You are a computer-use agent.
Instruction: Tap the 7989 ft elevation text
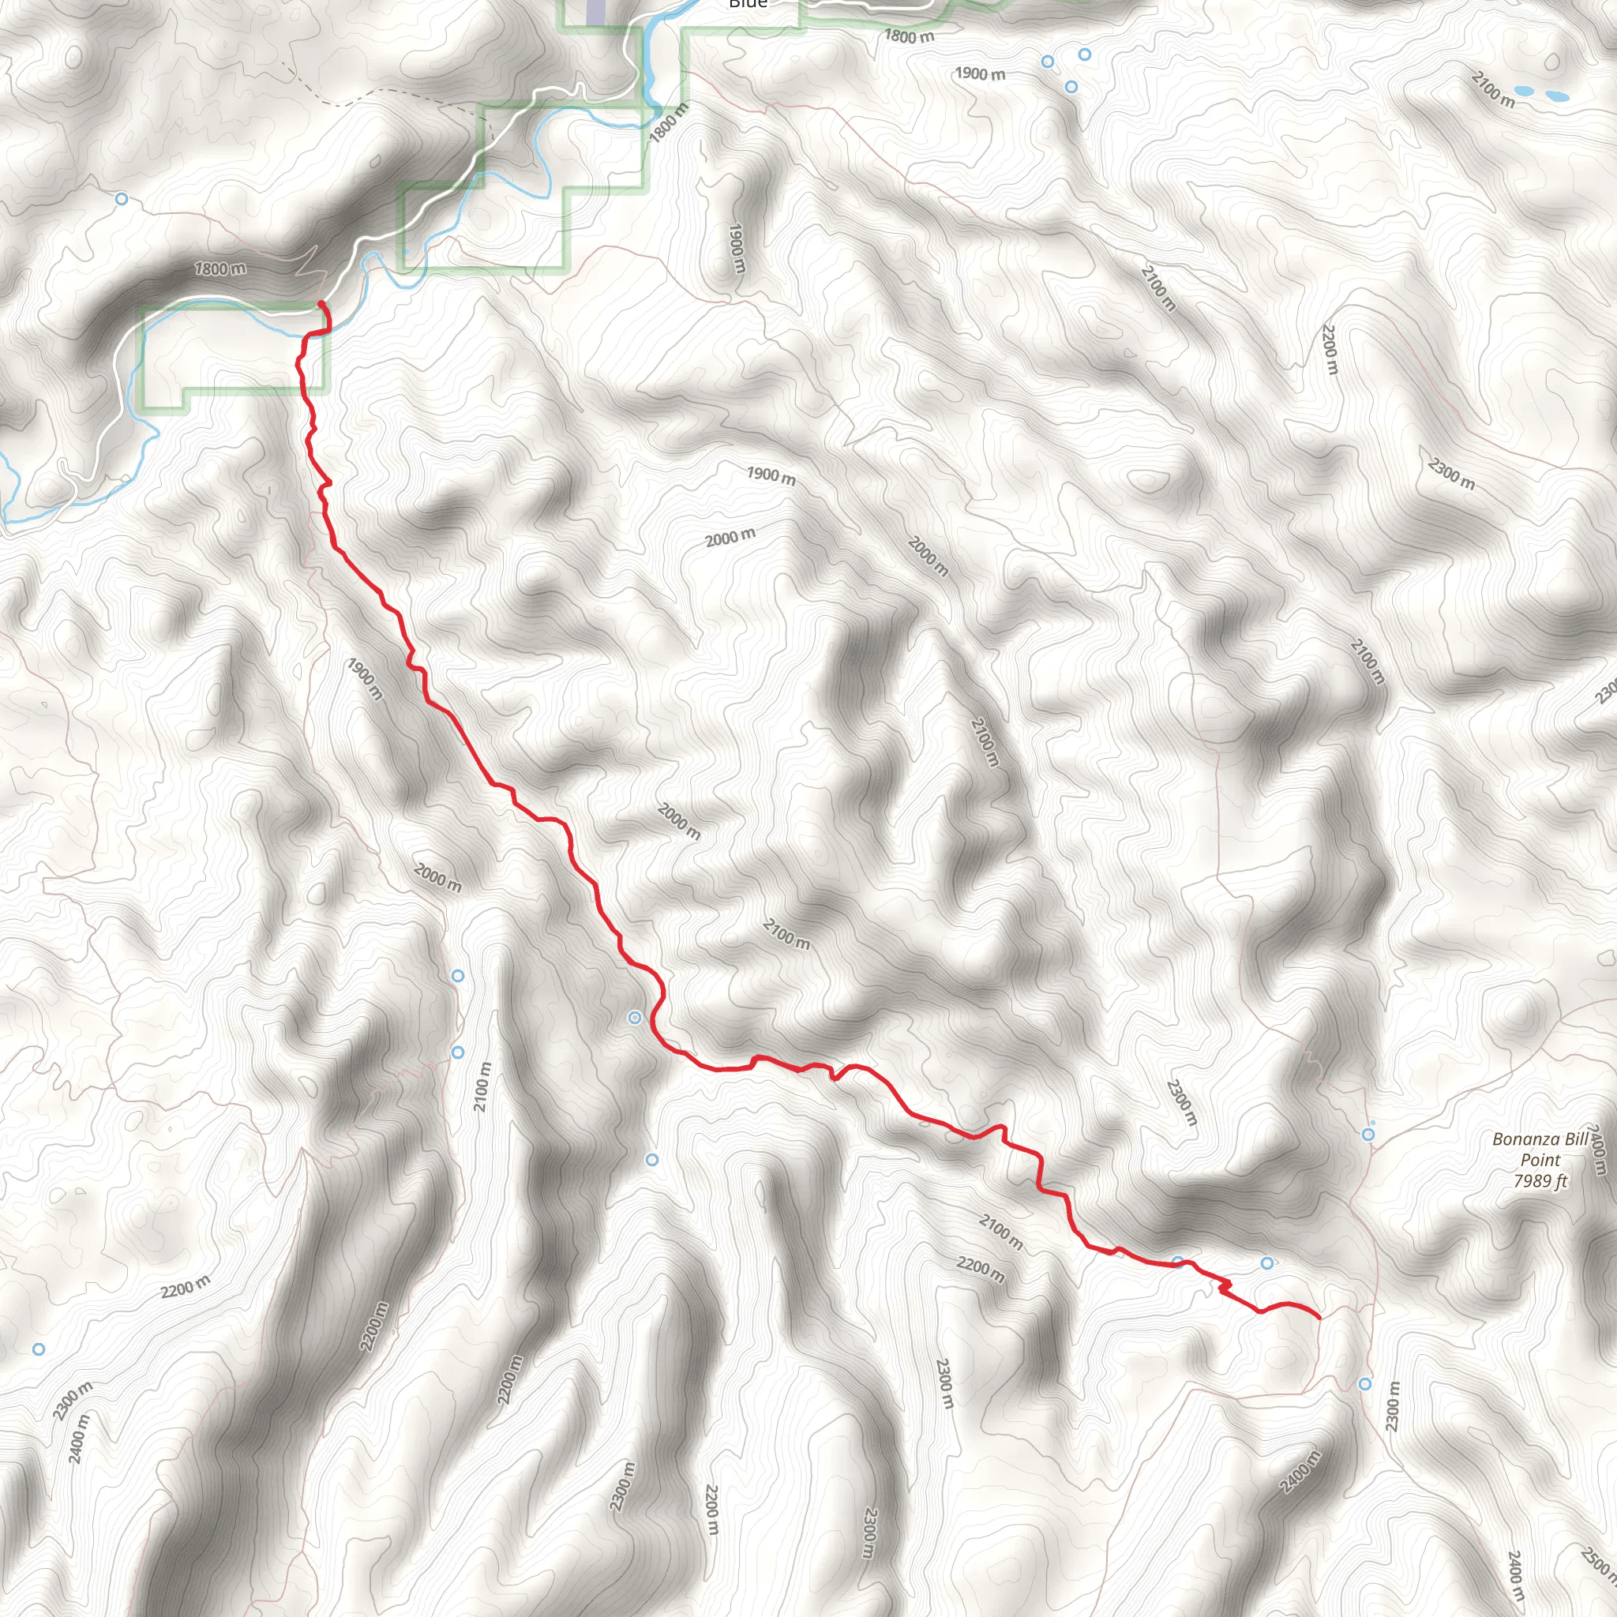1540,1181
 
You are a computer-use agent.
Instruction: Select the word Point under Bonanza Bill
1540,1160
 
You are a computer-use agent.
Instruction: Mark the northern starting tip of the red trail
321,304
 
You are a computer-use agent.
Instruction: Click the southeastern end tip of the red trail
1320,1318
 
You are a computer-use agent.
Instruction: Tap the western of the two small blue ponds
1524,90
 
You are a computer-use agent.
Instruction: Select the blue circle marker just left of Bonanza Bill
1368,1135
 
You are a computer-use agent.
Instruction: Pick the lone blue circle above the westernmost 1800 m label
122,198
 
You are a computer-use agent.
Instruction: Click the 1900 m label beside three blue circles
980,73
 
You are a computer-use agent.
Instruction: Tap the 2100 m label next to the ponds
1492,88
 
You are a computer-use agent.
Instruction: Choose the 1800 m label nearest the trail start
221,268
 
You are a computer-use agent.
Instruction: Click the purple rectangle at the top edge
595,12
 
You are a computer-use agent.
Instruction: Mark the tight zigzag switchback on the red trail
1225,1287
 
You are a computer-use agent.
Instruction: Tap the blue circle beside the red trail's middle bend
635,1018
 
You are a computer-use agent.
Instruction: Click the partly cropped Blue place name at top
748,4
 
